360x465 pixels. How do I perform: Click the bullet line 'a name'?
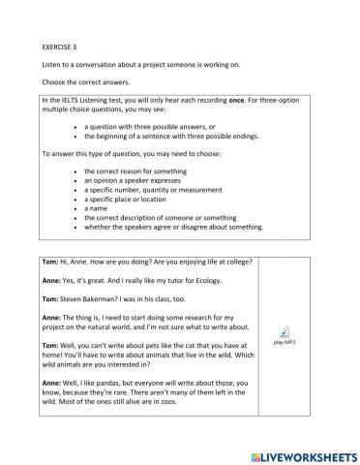pos(95,208)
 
